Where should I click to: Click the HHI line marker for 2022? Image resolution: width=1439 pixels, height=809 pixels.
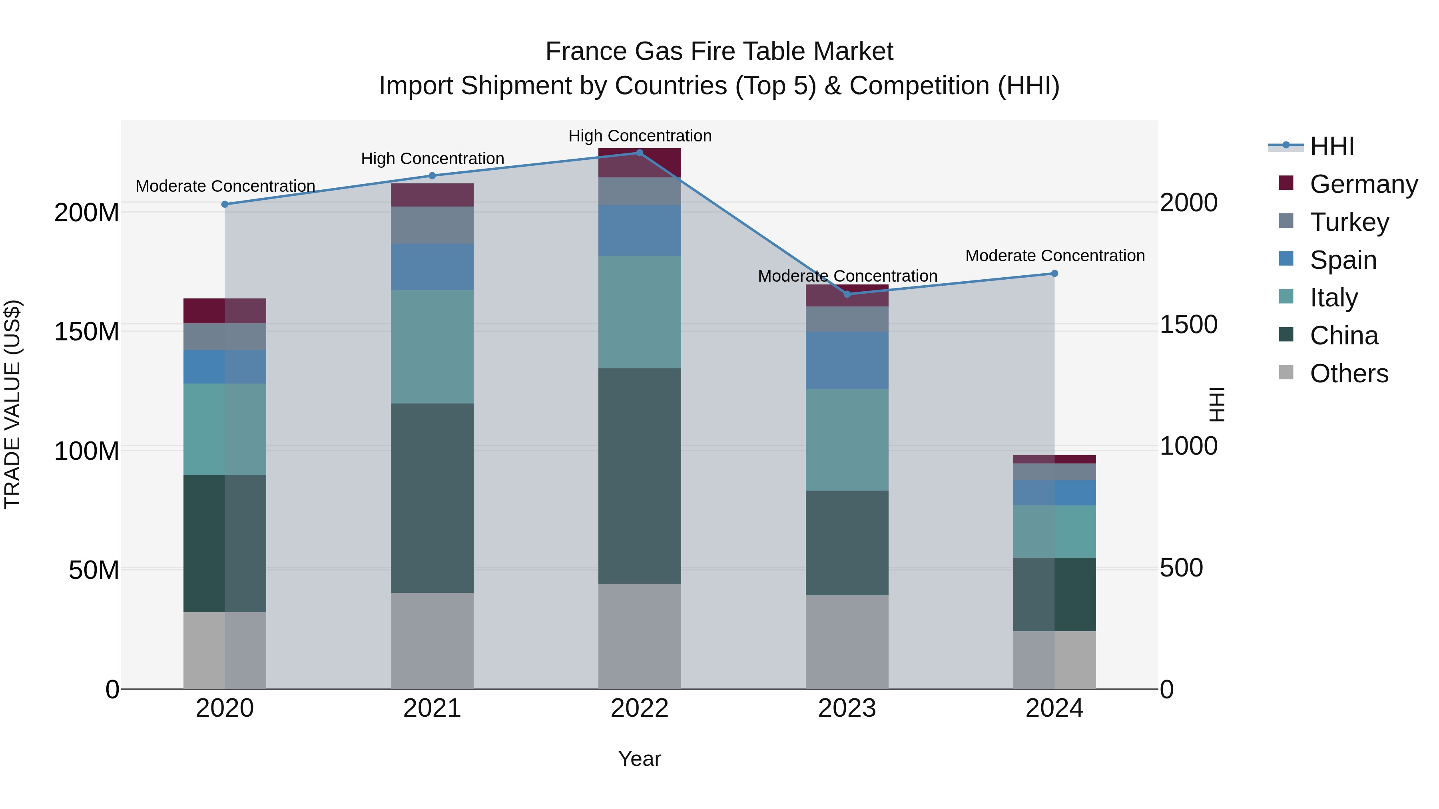pos(640,153)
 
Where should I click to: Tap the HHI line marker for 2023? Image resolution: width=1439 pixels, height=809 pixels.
pos(847,294)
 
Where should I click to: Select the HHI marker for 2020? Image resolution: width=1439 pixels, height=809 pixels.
pos(225,204)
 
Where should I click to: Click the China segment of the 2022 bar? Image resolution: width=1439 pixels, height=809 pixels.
pos(640,476)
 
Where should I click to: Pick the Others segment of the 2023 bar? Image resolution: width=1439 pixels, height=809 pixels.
pos(847,642)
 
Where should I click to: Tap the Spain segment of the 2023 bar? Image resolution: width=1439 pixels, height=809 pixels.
pos(847,361)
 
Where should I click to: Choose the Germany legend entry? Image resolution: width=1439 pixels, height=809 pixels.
pos(1363,184)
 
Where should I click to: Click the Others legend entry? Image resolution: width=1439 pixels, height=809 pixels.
pos(1349,374)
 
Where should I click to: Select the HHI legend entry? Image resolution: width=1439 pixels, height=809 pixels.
pos(1332,146)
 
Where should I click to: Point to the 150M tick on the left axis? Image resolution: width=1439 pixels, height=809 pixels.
pos(87,332)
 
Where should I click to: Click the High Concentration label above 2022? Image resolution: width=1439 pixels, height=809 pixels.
pos(640,136)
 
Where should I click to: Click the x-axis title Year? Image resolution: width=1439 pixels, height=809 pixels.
pos(640,759)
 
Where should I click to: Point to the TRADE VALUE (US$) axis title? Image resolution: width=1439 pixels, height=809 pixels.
pos(12,404)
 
